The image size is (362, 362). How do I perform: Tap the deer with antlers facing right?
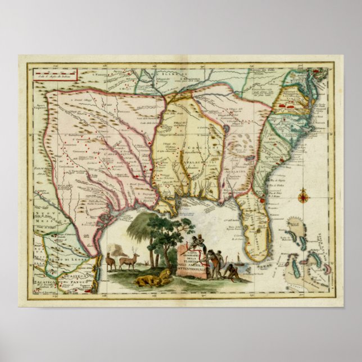[x=129, y=260]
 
